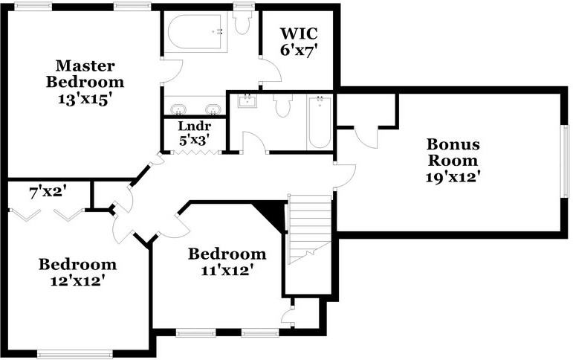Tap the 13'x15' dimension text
(84, 98)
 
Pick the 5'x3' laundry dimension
(192, 139)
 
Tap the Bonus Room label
(453, 152)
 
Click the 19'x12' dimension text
(453, 177)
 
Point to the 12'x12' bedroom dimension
(77, 280)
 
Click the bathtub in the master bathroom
(195, 32)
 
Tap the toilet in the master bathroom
(242, 22)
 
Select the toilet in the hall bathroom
(282, 106)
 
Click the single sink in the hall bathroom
(247, 101)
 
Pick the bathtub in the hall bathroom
(320, 123)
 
